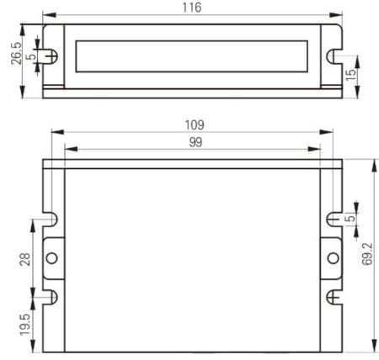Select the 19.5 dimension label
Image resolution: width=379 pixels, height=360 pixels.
[23, 324]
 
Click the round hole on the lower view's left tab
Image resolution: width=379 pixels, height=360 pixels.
[51, 257]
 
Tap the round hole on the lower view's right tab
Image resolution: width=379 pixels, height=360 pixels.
[333, 257]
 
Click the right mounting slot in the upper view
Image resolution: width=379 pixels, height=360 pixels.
[334, 57]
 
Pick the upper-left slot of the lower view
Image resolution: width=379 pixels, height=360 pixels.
[51, 220]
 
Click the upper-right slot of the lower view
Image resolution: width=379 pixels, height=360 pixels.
[333, 220]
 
